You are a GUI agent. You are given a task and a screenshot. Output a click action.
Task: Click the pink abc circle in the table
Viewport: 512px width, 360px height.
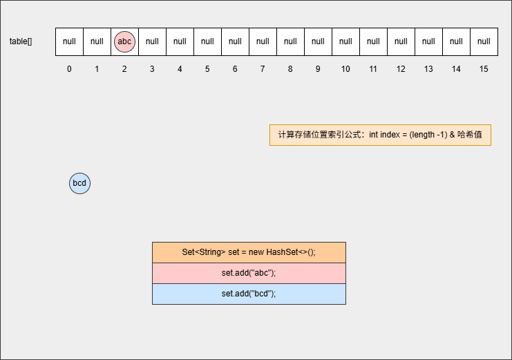(x=124, y=42)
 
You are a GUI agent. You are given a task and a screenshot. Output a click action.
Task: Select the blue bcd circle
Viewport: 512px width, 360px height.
(x=79, y=183)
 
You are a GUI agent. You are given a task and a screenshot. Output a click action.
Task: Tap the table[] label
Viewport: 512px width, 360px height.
(x=21, y=41)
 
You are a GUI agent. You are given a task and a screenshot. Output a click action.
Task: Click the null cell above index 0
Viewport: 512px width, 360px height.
(x=69, y=42)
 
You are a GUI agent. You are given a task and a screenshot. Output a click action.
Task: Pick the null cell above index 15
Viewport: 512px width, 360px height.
(x=484, y=42)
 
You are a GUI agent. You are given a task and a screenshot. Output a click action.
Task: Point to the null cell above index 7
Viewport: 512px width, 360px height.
(x=263, y=42)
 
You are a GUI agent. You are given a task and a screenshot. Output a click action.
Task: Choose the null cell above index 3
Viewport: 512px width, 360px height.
(x=152, y=42)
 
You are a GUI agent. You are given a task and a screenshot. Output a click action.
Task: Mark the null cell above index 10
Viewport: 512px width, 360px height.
(x=345, y=42)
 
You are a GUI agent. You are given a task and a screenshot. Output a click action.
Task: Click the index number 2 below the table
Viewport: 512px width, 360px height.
(x=124, y=69)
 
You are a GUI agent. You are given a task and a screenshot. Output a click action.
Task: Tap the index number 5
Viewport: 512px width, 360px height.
(x=207, y=69)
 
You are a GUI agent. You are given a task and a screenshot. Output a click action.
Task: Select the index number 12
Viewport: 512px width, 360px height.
(x=401, y=69)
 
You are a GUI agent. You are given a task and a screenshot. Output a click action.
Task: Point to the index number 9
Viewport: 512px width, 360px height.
(x=318, y=69)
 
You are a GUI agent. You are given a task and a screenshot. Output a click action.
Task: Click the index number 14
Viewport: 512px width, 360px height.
(x=456, y=69)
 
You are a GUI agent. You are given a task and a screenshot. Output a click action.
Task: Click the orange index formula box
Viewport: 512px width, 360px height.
(x=380, y=135)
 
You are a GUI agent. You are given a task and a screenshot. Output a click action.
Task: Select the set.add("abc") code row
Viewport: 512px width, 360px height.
(x=249, y=273)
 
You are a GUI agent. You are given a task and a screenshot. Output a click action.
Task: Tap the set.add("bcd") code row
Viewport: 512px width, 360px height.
(x=249, y=294)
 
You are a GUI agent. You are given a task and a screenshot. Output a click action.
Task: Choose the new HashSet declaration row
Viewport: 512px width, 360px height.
(x=249, y=252)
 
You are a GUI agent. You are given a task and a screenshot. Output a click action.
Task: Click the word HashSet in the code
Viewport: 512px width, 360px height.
(x=282, y=252)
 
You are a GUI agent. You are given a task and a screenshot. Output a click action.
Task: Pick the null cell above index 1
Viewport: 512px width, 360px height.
(x=97, y=42)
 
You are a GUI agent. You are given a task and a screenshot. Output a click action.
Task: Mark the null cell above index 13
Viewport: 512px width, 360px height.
(x=428, y=42)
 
